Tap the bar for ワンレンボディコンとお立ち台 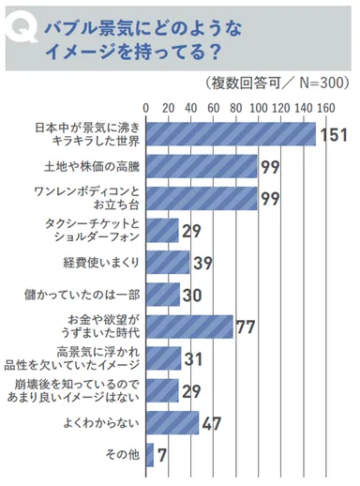(x=202, y=198)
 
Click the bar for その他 (x=151, y=457)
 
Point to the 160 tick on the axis (x=325, y=106)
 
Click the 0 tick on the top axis (x=147, y=106)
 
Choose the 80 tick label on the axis (x=236, y=106)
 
